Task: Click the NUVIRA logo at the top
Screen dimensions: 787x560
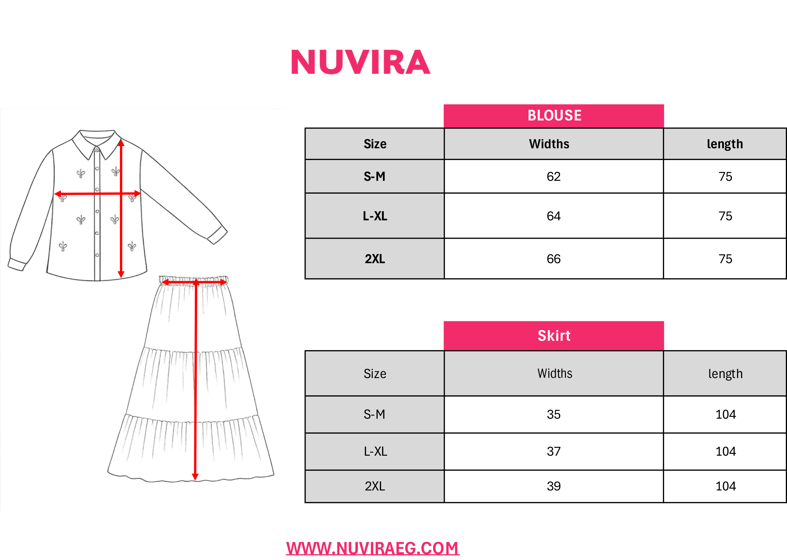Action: click(361, 62)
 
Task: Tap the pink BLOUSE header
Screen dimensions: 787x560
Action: click(554, 116)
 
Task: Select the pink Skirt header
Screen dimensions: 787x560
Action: click(554, 335)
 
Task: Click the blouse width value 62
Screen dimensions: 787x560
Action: click(554, 177)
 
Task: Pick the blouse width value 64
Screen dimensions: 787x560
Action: click(554, 216)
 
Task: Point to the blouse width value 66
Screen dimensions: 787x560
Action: click(554, 259)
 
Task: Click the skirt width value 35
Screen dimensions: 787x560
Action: click(554, 415)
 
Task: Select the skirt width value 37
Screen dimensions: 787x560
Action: click(554, 452)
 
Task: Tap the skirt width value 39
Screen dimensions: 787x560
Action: click(554, 486)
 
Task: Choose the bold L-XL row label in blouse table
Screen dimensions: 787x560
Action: click(375, 216)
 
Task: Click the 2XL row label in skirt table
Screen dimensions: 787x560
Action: click(375, 486)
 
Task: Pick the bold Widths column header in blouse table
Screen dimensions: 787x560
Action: click(549, 144)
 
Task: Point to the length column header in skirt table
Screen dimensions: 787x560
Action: click(725, 374)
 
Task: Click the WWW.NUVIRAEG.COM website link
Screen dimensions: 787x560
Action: click(373, 548)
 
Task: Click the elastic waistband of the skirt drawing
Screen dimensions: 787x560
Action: click(193, 280)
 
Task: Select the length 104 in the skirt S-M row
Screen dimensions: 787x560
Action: click(725, 415)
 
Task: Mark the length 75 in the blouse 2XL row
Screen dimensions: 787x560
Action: click(725, 259)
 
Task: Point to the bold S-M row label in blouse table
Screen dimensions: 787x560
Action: click(375, 177)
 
